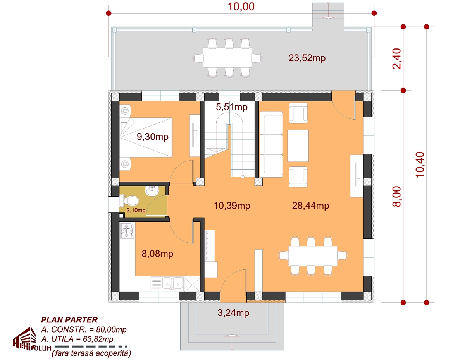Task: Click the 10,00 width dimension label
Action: (241, 7)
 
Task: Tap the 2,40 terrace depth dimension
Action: (396, 58)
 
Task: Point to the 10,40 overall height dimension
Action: (420, 165)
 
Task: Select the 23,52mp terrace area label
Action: (307, 58)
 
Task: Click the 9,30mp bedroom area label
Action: (153, 137)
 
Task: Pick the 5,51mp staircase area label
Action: (232, 107)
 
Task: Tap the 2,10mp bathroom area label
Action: (136, 210)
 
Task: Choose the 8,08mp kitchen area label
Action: (157, 254)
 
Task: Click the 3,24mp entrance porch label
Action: (233, 313)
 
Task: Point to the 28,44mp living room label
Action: (310, 206)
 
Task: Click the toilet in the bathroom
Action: (129, 201)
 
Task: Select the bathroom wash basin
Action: (152, 191)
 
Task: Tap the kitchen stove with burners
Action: (127, 231)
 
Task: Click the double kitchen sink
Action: (173, 284)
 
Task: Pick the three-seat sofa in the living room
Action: (271, 144)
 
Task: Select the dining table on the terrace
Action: (227, 58)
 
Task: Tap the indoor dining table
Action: (313, 256)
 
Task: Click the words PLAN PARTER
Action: (69, 320)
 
